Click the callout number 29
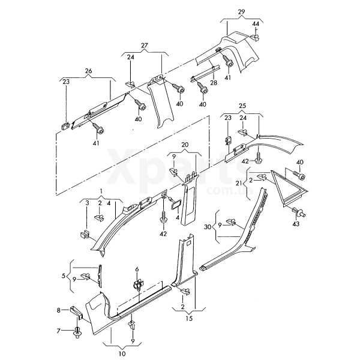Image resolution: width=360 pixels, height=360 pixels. pyautogui.click(x=241, y=11)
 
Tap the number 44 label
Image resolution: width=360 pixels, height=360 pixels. pyautogui.click(x=256, y=23)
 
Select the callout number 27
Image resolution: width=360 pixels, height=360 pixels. pyautogui.click(x=145, y=45)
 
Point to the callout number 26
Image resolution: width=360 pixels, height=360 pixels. pyautogui.click(x=88, y=71)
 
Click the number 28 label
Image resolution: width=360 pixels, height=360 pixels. pyautogui.click(x=214, y=82)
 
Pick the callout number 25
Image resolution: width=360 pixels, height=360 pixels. pyautogui.click(x=242, y=106)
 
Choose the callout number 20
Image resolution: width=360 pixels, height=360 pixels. pyautogui.click(x=185, y=145)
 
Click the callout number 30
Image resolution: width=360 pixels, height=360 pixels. pyautogui.click(x=208, y=227)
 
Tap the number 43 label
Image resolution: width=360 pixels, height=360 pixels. pyautogui.click(x=296, y=223)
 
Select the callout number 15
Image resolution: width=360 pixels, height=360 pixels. pyautogui.click(x=189, y=319)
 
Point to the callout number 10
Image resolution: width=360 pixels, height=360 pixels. pyautogui.click(x=122, y=353)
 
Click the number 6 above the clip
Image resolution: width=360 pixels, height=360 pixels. pyautogui.click(x=137, y=269)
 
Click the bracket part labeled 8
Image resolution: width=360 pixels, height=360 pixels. pyautogui.click(x=76, y=313)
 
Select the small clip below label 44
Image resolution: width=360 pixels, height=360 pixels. pyautogui.click(x=255, y=37)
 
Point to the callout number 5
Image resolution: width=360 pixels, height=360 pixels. pyautogui.click(x=64, y=276)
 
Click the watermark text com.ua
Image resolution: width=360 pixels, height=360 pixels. pyautogui.click(x=230, y=190)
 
